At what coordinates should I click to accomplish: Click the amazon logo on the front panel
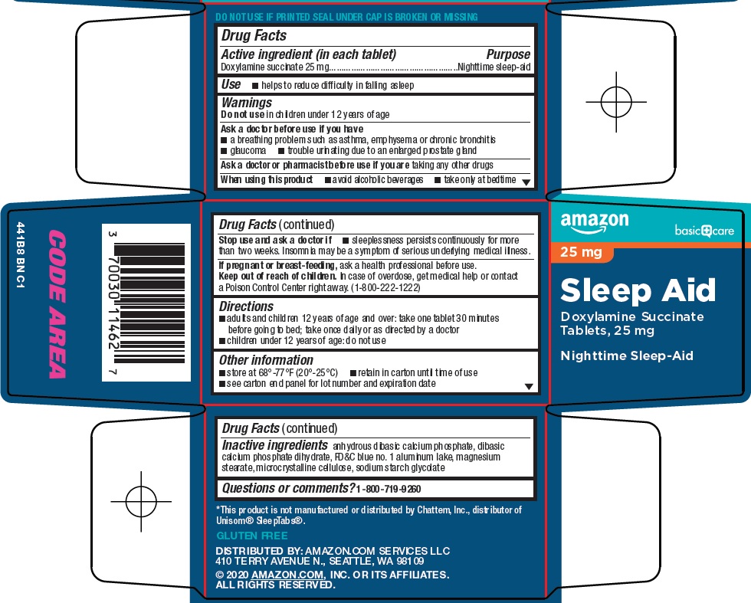(x=595, y=223)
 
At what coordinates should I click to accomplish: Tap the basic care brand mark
(x=704, y=231)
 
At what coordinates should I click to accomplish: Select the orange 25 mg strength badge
(x=582, y=252)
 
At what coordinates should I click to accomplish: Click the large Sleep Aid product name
(x=638, y=290)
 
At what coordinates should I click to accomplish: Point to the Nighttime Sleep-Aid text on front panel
(x=627, y=356)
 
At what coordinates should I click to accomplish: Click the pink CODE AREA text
(x=57, y=304)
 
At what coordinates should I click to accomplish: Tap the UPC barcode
(x=146, y=303)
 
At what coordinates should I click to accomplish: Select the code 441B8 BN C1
(x=20, y=255)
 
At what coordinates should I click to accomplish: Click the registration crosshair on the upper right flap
(x=616, y=102)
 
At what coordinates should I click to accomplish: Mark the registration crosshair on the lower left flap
(x=141, y=501)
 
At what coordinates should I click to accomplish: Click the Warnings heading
(x=247, y=103)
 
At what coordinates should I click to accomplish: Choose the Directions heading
(x=246, y=306)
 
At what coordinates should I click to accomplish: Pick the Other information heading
(x=267, y=359)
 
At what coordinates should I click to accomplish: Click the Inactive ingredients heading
(x=275, y=445)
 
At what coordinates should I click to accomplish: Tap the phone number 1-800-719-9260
(x=389, y=489)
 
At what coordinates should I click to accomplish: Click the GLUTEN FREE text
(x=252, y=536)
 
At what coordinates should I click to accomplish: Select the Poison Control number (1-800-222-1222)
(x=385, y=287)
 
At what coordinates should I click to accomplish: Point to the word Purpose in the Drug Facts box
(x=508, y=54)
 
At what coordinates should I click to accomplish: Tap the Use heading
(x=231, y=84)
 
